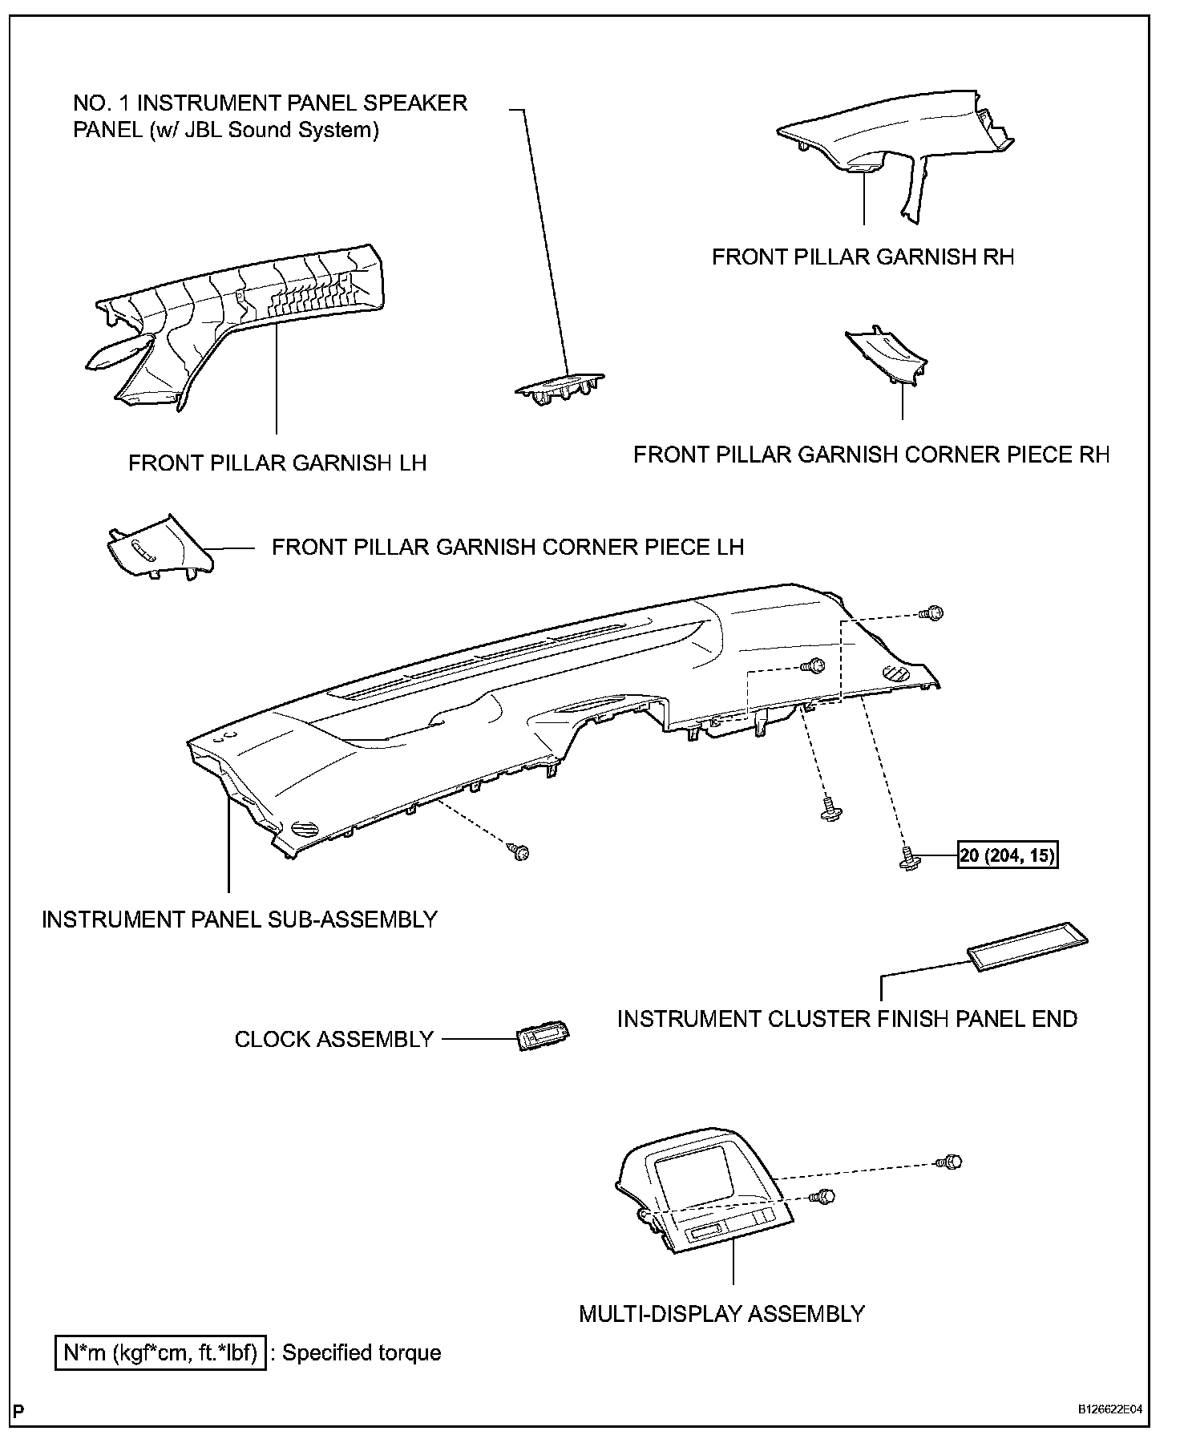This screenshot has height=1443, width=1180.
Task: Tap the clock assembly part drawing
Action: coord(543,1038)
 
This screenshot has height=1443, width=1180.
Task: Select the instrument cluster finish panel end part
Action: coord(1028,946)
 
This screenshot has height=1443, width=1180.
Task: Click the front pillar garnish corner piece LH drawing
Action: coord(157,548)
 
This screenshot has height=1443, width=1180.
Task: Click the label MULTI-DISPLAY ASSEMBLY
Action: coord(721,1314)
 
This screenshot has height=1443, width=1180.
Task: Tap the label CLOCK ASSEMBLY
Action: coord(333,1039)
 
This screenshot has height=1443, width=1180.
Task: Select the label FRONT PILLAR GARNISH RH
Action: coord(863,257)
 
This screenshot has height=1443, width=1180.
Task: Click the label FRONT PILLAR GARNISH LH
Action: coord(277,463)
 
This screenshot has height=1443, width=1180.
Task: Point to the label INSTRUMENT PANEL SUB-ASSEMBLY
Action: coord(240,919)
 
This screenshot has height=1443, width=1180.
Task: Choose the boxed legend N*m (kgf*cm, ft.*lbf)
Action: coord(160,1353)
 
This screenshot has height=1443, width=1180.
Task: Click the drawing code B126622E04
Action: coord(1109,1410)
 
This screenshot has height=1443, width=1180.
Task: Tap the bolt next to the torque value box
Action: coord(910,859)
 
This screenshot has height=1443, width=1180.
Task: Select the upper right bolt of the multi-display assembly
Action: coord(952,1162)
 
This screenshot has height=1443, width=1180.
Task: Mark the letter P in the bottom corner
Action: coord(18,1410)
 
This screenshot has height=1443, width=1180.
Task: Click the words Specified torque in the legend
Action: coord(362,1353)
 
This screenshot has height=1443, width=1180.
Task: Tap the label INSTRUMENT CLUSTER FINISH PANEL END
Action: coord(847,1019)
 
